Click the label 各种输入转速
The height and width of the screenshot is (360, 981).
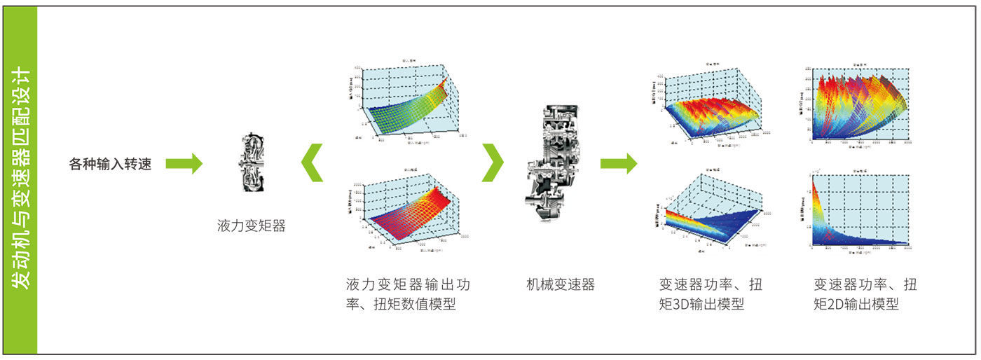pos(110,165)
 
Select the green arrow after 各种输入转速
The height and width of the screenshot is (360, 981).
pos(184,164)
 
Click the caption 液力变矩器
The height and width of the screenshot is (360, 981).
pos(252,226)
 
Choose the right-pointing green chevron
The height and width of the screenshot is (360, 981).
pos(493,162)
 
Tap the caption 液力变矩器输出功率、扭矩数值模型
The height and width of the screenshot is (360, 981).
pos(408,295)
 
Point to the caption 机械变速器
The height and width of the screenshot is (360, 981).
pos(560,285)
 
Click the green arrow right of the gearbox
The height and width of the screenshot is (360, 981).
pos(618,164)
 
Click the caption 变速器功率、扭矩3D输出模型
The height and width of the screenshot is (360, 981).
pos(711,295)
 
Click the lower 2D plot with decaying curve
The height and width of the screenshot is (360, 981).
pos(861,210)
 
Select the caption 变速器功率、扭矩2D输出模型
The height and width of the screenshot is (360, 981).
pos(865,295)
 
